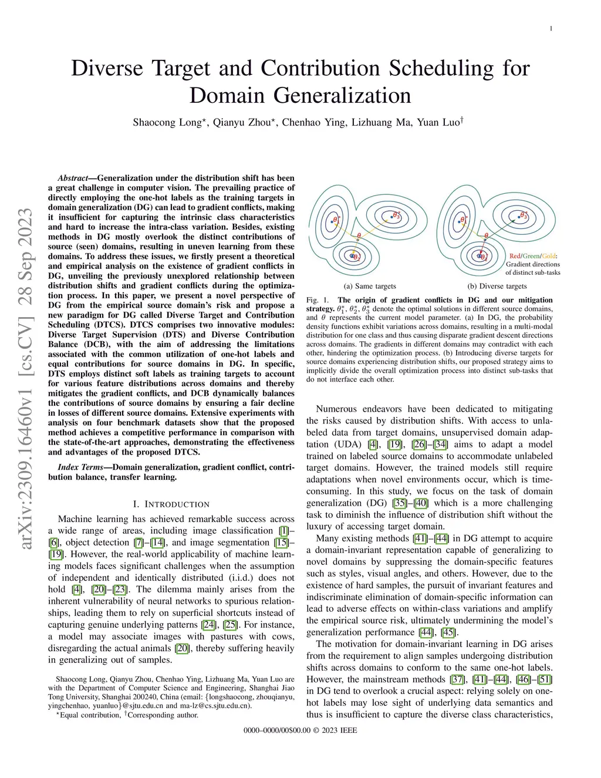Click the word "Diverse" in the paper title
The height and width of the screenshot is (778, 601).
tap(106, 68)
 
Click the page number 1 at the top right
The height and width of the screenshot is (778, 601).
tap(551, 29)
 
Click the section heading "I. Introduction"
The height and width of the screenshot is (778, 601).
tap(171, 504)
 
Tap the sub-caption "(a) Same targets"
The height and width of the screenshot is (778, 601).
tap(370, 286)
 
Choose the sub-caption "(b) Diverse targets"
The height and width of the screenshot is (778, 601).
tap(497, 286)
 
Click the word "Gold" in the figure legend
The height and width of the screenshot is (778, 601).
tap(548, 256)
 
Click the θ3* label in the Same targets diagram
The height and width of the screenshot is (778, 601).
tap(397, 215)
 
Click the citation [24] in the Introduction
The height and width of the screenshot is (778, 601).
tap(208, 625)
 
